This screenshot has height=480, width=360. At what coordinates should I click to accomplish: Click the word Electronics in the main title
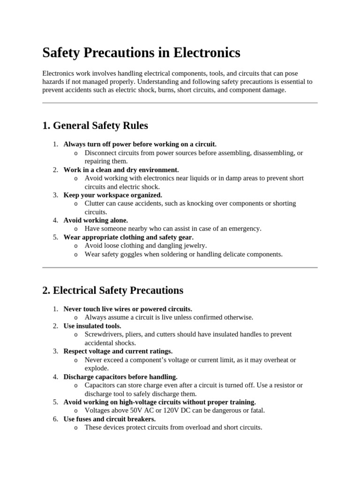click(207, 52)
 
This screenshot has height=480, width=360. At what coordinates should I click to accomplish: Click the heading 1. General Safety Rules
click(95, 126)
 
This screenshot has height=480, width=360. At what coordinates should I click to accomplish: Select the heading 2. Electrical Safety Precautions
click(112, 290)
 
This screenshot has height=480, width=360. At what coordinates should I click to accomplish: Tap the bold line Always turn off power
click(140, 144)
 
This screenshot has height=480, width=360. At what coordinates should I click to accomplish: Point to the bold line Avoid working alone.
click(96, 220)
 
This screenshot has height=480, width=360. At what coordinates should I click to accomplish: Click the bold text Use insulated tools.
click(92, 326)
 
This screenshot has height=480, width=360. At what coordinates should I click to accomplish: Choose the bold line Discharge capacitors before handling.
click(120, 376)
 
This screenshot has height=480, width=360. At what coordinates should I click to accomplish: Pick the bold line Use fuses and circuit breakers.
click(110, 419)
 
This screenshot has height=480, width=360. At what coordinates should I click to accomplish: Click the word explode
click(97, 368)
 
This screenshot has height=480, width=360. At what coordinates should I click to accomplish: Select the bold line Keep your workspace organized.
click(113, 195)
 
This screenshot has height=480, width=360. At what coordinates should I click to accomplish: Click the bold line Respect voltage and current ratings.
click(118, 351)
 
